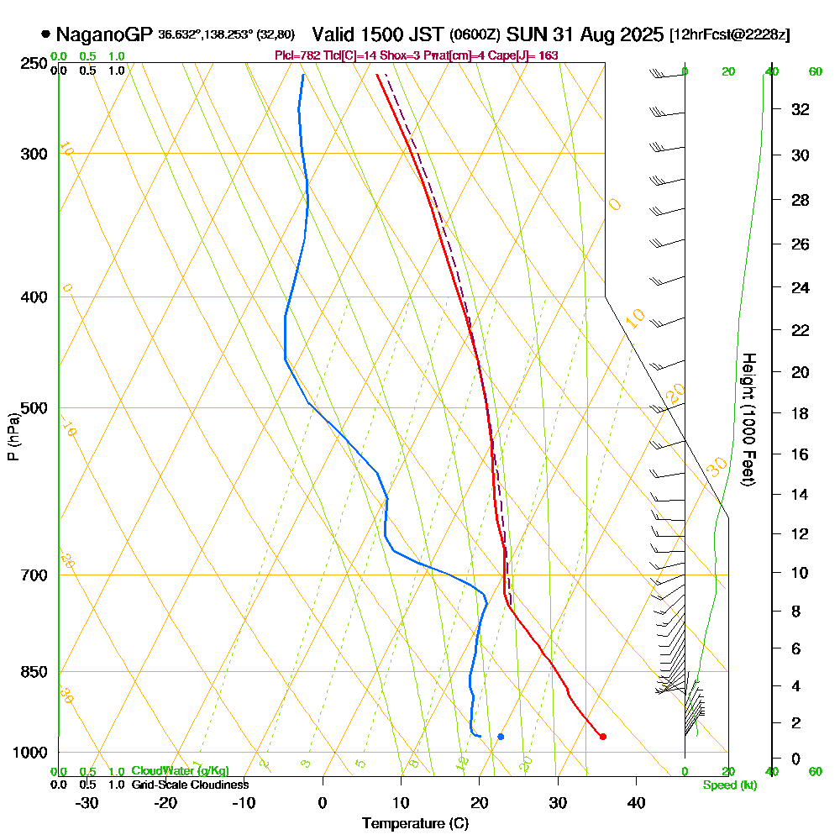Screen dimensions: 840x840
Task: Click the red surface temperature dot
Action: [603, 737]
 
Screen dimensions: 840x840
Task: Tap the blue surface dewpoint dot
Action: [501, 737]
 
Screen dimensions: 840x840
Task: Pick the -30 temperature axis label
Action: [87, 802]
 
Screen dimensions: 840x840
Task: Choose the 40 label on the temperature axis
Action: [636, 802]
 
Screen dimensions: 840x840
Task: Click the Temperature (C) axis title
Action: [415, 823]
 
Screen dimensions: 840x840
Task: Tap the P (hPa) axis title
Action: [13, 437]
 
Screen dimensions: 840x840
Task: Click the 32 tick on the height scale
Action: [801, 109]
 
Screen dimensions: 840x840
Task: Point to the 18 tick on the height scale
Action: [801, 413]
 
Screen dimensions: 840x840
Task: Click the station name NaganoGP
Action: [104, 35]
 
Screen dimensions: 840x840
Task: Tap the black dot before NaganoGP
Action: [45, 35]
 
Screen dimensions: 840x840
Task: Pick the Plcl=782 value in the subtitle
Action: [295, 55]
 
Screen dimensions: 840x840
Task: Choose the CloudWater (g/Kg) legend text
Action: [180, 771]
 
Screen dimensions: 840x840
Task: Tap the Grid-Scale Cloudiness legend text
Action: [189, 785]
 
